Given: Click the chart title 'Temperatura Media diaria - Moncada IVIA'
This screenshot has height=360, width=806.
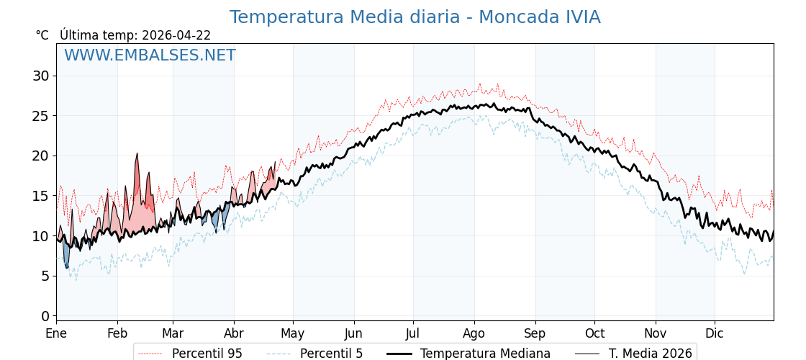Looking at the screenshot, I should point(415,17).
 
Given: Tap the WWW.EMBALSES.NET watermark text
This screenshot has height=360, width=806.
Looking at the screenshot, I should point(150,55).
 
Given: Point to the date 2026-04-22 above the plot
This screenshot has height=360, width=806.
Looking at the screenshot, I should point(176,35).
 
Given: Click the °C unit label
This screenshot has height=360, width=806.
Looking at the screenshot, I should point(42,35).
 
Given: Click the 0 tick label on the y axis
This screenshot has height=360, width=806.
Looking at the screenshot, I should point(45,316).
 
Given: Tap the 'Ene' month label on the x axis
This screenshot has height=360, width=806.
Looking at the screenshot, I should point(56,333).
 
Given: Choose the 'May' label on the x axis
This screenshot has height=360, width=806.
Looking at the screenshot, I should point(293,333).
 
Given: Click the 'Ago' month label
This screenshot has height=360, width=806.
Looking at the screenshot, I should point(474,333).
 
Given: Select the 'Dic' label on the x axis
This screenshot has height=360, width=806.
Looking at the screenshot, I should point(715,333).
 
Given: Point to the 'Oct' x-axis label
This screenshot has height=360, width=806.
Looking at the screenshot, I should point(594,333).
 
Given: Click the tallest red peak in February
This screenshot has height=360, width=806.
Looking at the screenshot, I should point(137,155).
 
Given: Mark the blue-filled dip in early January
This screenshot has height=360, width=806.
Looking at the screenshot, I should point(66,256).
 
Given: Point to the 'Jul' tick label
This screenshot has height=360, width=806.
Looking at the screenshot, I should point(413,333).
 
